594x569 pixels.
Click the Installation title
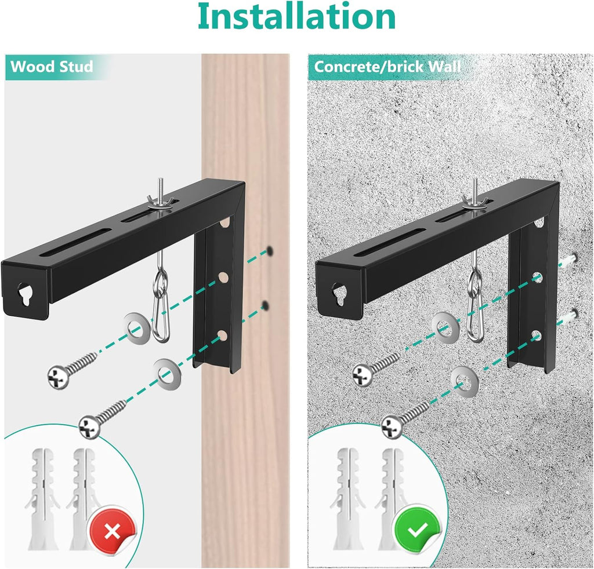click(x=296, y=18)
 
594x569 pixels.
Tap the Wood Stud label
click(x=52, y=67)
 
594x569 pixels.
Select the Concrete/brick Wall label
click(x=387, y=67)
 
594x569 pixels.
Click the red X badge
click(x=111, y=530)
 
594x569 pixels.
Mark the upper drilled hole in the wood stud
click(x=270, y=251)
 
